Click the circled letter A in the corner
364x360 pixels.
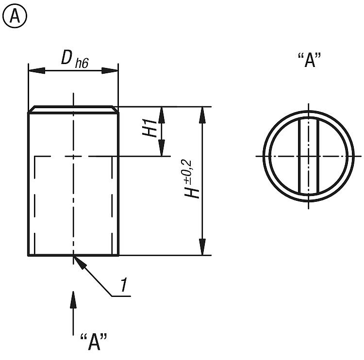point(15,17)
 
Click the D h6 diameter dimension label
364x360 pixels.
point(74,59)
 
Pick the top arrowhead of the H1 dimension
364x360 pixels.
point(162,113)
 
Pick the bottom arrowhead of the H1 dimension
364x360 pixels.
point(162,150)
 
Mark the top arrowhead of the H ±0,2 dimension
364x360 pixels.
point(202,113)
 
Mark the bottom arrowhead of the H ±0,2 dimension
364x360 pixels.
point(202,249)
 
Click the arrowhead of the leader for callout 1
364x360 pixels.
point(79,261)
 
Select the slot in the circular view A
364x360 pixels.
point(307,156)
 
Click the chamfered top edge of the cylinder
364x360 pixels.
point(73,109)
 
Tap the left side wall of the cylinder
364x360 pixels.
point(29,184)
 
